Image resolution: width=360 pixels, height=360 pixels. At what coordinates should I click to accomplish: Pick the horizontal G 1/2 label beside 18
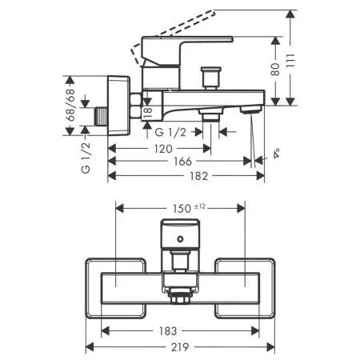point(170,132)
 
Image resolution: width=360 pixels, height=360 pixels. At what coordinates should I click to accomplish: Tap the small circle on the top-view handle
point(180,238)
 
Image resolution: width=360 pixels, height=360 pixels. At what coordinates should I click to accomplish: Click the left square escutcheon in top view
point(115,284)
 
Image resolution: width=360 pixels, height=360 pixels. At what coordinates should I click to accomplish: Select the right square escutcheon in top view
point(246,284)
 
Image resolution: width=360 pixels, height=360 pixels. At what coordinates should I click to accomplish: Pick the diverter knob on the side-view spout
point(211,78)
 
